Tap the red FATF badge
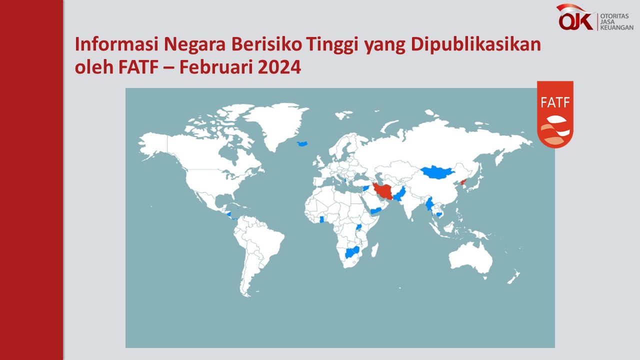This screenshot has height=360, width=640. pos(555,114)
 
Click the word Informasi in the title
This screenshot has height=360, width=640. pos(116,44)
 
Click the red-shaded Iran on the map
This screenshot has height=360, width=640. pos(382,191)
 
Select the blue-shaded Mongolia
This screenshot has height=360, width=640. pos(437,172)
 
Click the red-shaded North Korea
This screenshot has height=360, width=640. pos(463,182)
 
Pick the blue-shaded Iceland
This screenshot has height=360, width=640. pos(302,143)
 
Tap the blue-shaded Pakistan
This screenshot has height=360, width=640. pos(400,194)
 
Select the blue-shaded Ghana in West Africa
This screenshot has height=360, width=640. pos(321,219)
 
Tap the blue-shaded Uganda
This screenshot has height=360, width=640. pos(358,227)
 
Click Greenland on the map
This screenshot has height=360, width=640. pos(274,123)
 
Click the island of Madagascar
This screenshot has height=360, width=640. pos(375,249)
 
